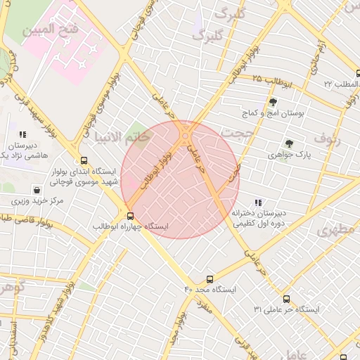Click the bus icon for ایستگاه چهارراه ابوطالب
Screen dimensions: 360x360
130,216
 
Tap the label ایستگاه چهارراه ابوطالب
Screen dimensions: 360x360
131,227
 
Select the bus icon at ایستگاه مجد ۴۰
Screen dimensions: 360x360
209,279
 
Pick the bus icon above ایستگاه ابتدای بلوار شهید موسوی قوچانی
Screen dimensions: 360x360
84,160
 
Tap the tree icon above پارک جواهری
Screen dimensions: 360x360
289,143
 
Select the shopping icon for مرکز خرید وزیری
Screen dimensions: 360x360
37,190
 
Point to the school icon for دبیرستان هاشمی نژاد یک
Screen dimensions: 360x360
22,134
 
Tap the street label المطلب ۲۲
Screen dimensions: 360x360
340,84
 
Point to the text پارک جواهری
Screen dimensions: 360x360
290,153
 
